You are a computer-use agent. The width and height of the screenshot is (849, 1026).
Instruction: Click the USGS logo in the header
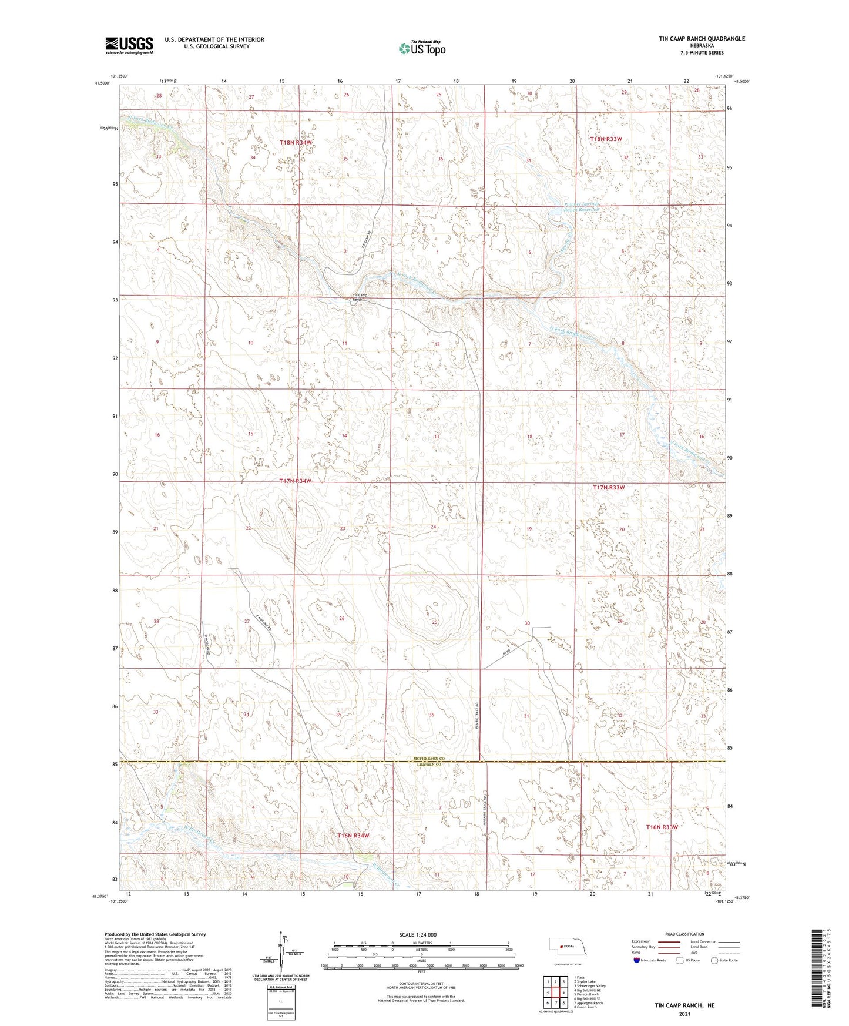pyautogui.click(x=129, y=45)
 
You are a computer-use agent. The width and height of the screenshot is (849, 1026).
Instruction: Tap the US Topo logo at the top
pyautogui.click(x=422, y=48)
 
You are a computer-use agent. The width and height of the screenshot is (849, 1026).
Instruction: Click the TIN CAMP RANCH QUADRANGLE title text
pyautogui.click(x=702, y=39)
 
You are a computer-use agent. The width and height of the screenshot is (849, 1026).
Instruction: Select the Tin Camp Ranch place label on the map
pyautogui.click(x=359, y=297)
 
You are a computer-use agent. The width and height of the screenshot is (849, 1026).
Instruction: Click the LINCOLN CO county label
pyautogui.click(x=428, y=765)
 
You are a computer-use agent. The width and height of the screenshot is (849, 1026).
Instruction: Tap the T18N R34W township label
pyautogui.click(x=296, y=143)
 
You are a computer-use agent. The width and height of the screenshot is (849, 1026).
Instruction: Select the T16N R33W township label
pyautogui.click(x=662, y=827)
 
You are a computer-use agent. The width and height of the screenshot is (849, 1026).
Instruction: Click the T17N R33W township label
pyautogui.click(x=609, y=488)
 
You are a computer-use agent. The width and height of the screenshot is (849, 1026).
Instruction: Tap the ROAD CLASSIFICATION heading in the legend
pyautogui.click(x=685, y=934)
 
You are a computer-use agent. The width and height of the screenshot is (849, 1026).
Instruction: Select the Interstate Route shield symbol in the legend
pyautogui.click(x=637, y=960)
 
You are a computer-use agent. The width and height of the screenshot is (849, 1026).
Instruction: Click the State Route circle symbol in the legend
pyautogui.click(x=714, y=960)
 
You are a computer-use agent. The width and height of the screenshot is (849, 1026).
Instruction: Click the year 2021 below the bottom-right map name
pyautogui.click(x=684, y=1014)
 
